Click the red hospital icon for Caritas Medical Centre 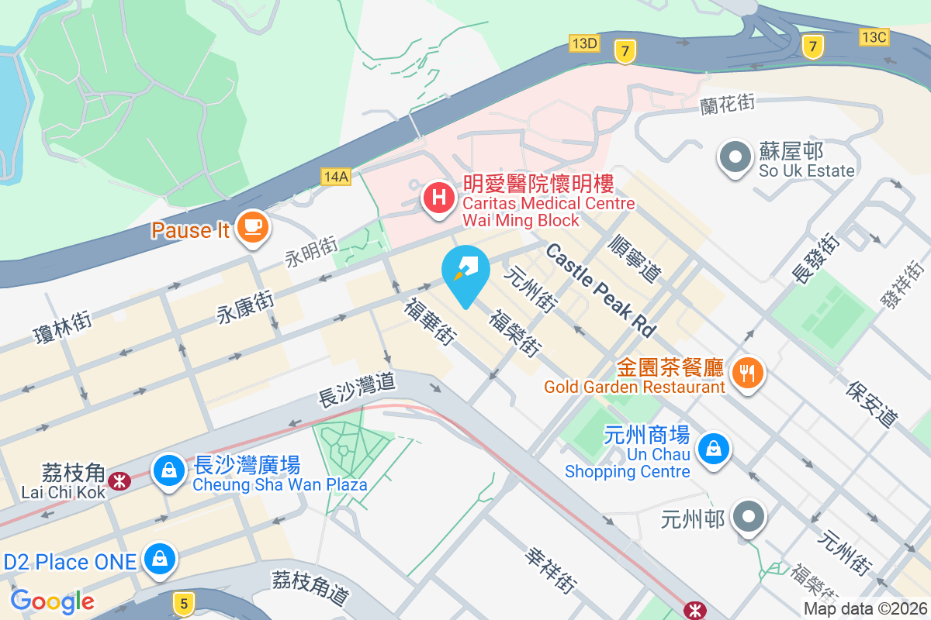tap(438, 197)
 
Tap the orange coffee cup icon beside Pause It tap(253, 226)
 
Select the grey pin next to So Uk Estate tap(734, 157)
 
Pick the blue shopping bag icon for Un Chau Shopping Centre tap(711, 448)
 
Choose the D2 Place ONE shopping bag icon tap(160, 558)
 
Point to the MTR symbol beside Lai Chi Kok tap(119, 481)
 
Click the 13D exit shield tap(583, 43)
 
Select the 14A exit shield tap(336, 177)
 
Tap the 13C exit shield tap(874, 36)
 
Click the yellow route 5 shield tap(182, 603)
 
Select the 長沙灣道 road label tap(357, 389)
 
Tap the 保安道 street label tap(872, 404)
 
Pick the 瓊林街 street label tap(63, 328)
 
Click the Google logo tap(52, 601)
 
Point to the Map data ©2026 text tap(864, 609)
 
